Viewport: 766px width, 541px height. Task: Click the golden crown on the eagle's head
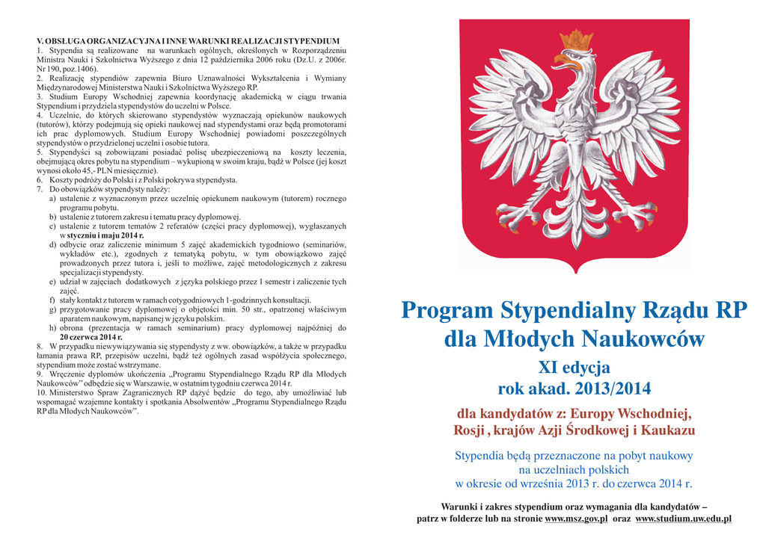[x=576, y=40]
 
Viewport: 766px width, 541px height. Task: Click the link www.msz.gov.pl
[x=577, y=519]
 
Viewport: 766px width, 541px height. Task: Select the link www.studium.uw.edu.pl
[x=683, y=519]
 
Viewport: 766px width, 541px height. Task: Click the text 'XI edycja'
[x=574, y=367]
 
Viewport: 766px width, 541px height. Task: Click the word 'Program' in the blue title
[x=447, y=310]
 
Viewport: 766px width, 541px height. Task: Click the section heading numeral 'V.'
[x=41, y=40]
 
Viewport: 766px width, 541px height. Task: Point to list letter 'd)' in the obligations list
[x=53, y=244]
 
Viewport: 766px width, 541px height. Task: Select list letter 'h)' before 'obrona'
[x=53, y=328]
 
